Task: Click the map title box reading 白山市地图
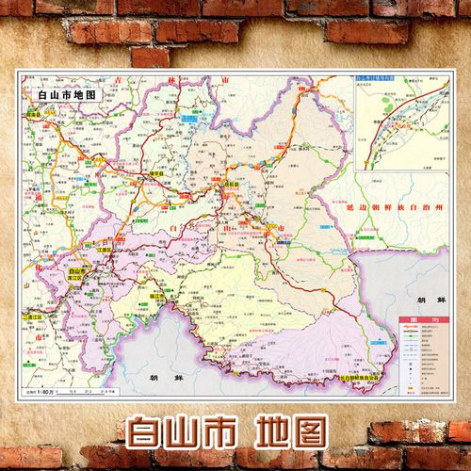63,94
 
